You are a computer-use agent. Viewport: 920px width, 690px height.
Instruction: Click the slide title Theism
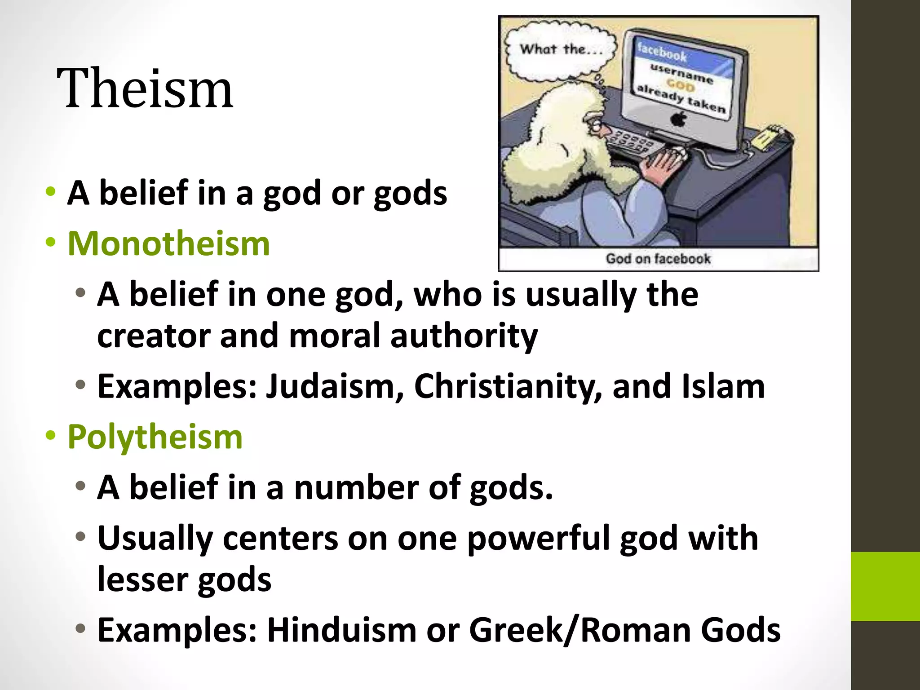(x=145, y=88)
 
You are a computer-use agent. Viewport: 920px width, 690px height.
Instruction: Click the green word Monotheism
(x=168, y=243)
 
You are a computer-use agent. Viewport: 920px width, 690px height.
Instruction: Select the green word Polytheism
(x=155, y=437)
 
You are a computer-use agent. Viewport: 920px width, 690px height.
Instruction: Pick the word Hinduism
(x=342, y=630)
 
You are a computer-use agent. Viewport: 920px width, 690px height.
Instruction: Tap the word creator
(x=153, y=336)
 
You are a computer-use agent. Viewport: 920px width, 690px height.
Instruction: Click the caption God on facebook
(x=658, y=259)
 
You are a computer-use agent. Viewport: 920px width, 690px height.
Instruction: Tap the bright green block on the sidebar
(x=885, y=586)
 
